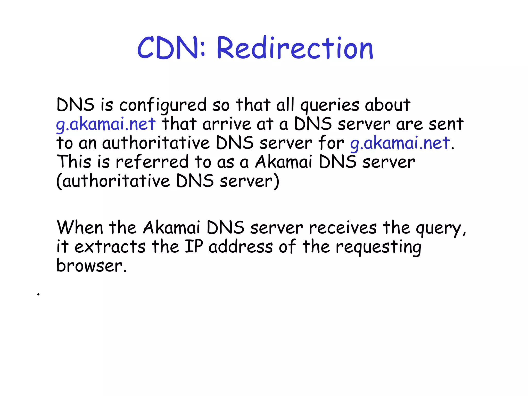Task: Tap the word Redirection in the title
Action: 295,48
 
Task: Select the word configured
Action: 163,105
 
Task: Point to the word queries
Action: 329,105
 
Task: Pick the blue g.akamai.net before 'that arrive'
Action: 106,124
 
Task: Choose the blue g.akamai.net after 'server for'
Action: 400,143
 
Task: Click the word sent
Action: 446,124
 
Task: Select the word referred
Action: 152,162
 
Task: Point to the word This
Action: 74,162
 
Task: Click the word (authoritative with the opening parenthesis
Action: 113,181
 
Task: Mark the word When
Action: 80,228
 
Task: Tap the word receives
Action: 343,228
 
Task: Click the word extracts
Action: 110,247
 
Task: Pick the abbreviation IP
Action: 194,246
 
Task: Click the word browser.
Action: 91,266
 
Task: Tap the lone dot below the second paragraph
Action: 38,294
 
